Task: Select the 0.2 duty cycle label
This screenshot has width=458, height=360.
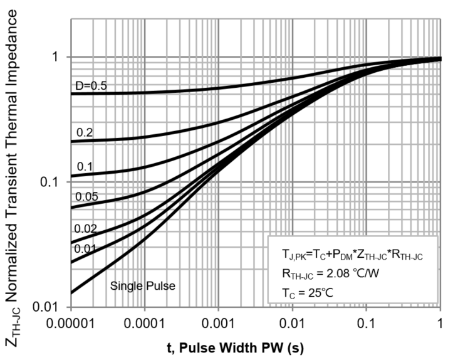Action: (85, 132)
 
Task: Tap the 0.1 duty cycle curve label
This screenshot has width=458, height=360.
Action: (85, 166)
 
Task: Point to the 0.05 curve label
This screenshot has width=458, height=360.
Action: (87, 197)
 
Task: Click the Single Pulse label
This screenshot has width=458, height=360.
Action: (143, 286)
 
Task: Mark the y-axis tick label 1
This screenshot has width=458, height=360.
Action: (55, 57)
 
